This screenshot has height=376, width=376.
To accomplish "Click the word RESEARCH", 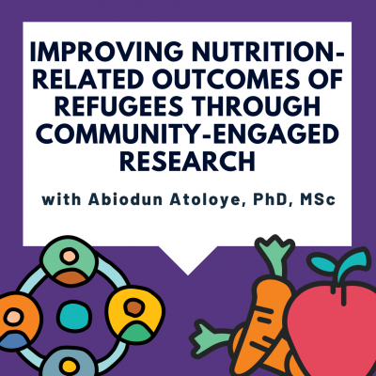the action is (187, 161).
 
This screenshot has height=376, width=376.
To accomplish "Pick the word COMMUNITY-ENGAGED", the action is (187, 133).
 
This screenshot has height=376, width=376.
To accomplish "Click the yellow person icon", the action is (134, 315).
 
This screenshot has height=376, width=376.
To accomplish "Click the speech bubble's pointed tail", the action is (188, 260).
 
